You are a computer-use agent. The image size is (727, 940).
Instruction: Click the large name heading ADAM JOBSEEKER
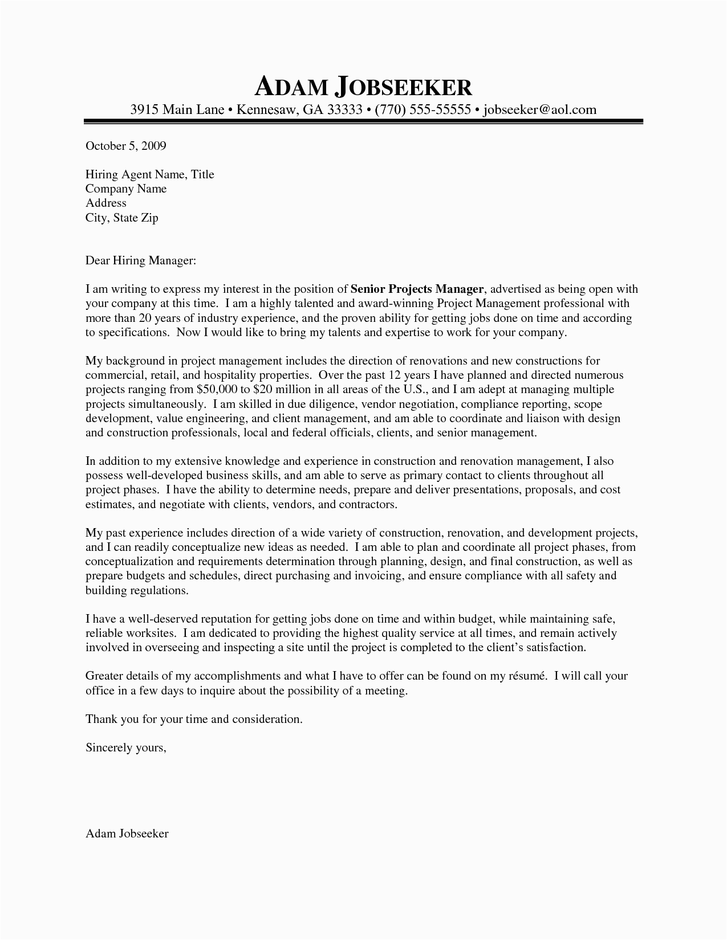click(363, 87)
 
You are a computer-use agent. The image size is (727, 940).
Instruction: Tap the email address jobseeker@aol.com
click(539, 109)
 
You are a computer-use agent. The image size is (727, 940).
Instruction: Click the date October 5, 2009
click(125, 146)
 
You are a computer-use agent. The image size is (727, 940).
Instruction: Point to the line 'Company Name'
click(126, 189)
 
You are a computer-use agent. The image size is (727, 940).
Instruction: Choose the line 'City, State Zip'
click(121, 217)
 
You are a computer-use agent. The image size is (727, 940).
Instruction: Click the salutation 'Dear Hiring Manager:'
click(140, 260)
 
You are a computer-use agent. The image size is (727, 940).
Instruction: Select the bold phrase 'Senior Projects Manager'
click(417, 289)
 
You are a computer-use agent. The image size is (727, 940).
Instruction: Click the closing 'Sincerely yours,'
click(125, 747)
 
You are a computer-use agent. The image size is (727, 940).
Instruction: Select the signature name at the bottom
click(127, 833)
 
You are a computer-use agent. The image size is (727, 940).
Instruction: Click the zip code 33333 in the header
click(345, 109)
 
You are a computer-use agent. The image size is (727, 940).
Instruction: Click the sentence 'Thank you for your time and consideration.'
click(194, 719)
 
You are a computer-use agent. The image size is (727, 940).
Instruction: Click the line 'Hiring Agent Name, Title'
click(149, 174)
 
